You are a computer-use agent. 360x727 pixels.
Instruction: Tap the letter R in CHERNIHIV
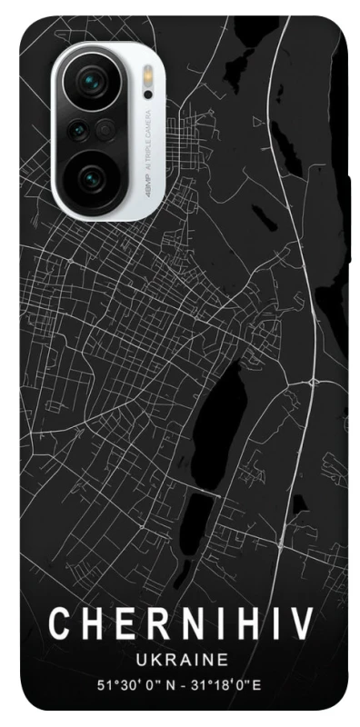149,624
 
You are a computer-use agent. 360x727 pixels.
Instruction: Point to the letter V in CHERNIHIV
302,624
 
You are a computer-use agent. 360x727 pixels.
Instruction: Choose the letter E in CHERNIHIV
119,624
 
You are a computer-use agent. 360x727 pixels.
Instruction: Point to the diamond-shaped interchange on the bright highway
312,376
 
